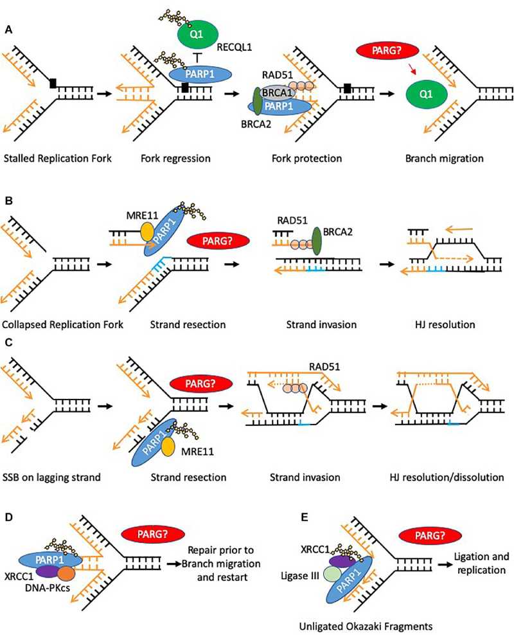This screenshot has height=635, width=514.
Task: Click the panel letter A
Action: pos(8,12)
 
